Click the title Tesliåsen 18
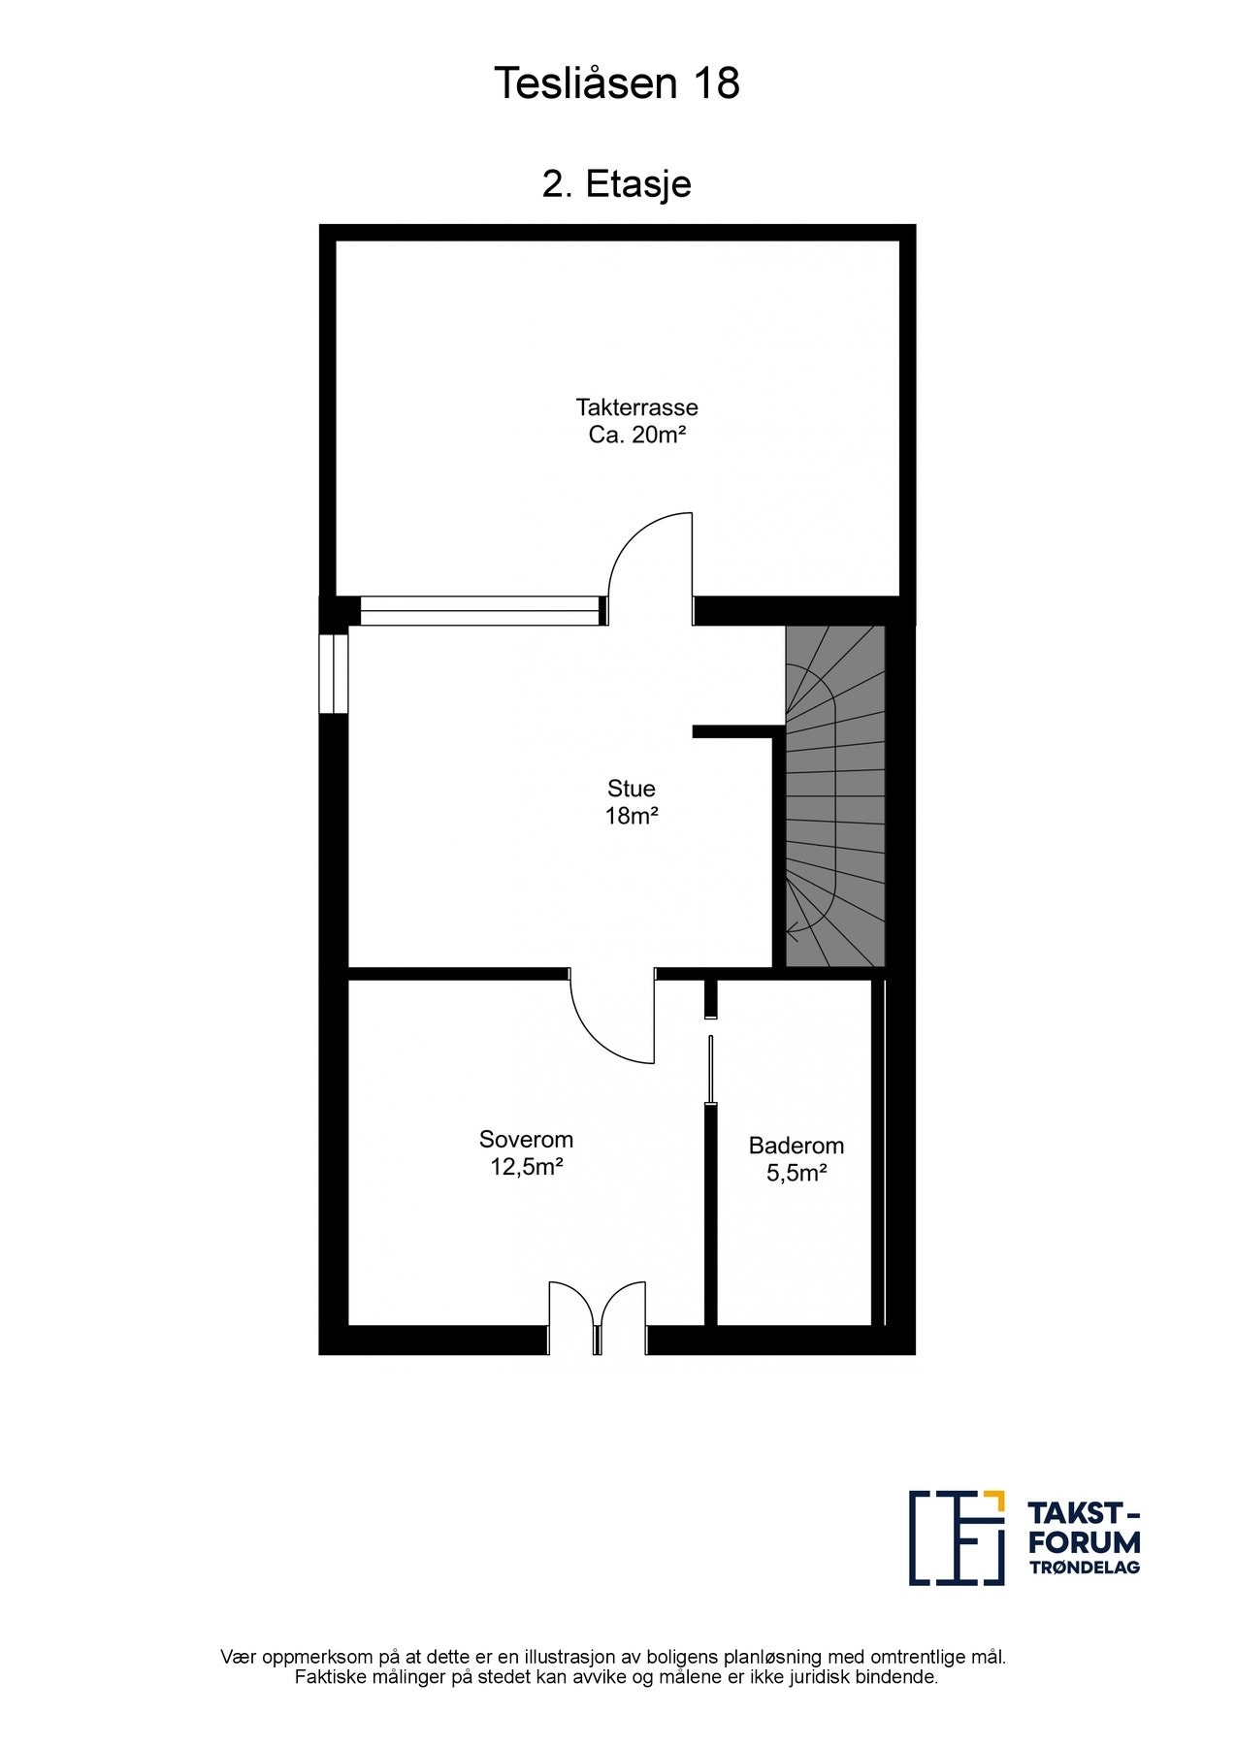coord(617,84)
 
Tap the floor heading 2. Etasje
coord(617,183)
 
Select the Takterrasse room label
coord(636,406)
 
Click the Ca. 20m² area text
coord(636,435)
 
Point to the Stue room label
coord(632,788)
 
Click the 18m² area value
coord(632,816)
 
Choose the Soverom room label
coord(526,1139)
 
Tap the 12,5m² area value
coord(527,1167)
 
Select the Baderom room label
coord(796,1145)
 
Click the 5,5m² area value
coord(796,1173)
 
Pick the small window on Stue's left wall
coord(334,673)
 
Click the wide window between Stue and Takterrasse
coord(480,611)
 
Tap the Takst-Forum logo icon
coord(957,1537)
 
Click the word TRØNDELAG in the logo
coord(1084,1568)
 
